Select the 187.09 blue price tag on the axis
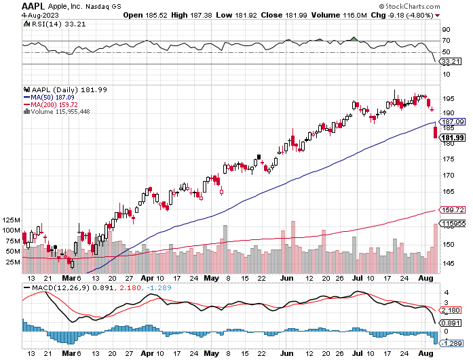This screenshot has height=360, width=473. click(x=451, y=121)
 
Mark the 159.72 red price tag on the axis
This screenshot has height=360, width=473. click(x=451, y=210)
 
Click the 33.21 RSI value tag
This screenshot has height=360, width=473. click(x=450, y=61)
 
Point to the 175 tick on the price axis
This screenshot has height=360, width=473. click(x=448, y=159)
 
